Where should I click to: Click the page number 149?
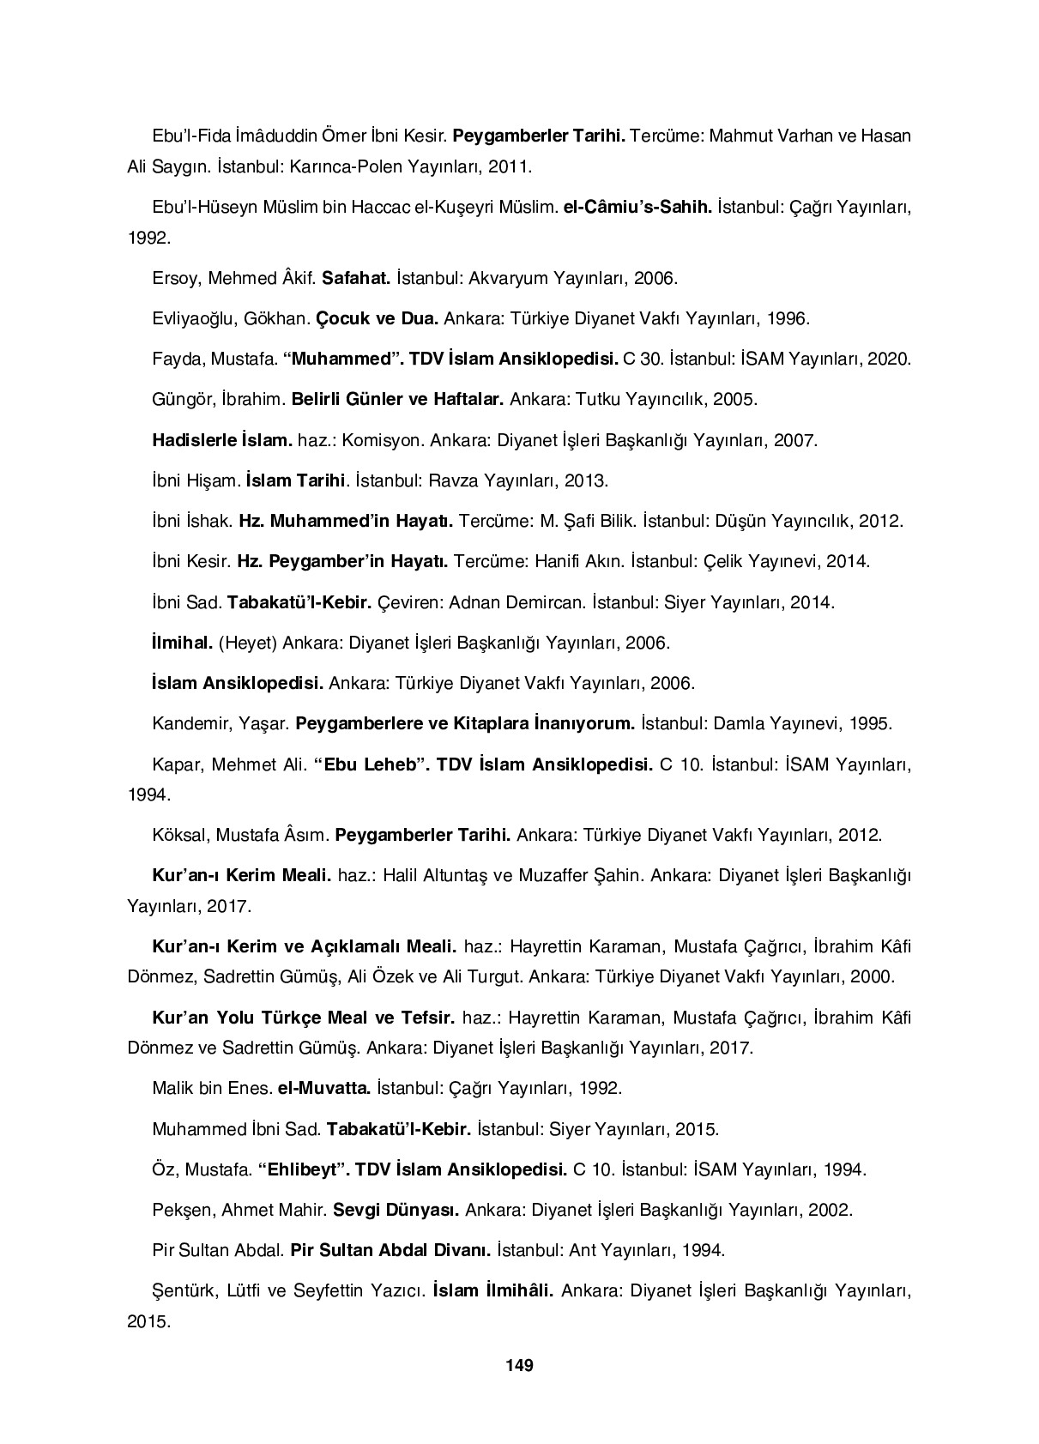[x=519, y=1365]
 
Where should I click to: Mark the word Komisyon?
[x=388, y=441]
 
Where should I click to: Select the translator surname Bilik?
[x=611, y=522]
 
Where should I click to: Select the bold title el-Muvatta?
[x=323, y=1088]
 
